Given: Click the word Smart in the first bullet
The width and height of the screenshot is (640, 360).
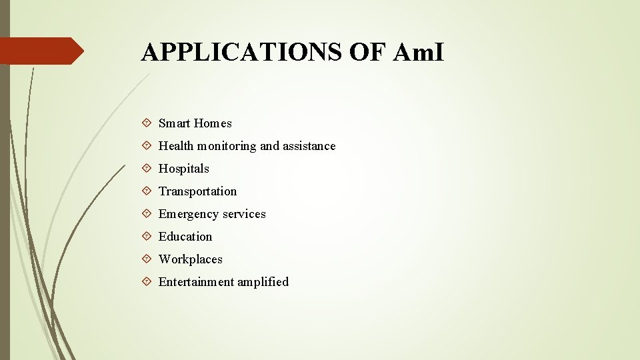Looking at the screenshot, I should [174, 123].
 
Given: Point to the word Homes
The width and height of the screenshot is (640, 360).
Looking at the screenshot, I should [213, 123].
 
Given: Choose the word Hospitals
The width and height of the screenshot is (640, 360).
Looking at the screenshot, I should [183, 169].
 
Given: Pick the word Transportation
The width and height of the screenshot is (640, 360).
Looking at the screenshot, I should [197, 191].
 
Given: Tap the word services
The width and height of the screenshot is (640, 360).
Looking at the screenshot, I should [243, 214].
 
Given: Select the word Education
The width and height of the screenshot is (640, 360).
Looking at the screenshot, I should [185, 237].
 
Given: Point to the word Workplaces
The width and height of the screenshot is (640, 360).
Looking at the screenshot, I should [190, 259].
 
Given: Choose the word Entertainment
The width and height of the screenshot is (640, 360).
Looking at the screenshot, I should [196, 282].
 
